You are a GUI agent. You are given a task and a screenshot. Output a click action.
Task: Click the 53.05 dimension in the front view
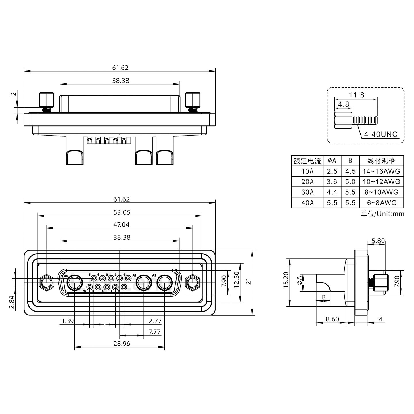pos(122,212)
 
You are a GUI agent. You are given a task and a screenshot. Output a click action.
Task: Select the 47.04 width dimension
pos(122,225)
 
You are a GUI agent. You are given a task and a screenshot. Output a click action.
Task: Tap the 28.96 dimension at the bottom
pos(122,344)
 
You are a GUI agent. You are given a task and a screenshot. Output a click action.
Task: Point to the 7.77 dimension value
pos(155,332)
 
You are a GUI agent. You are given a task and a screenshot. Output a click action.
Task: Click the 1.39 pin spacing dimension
pos(68,321)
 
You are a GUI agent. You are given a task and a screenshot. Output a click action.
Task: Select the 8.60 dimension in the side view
pos(332,319)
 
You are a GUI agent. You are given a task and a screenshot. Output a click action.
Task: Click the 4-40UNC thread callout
pos(381,134)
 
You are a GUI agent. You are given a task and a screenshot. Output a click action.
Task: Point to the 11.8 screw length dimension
pos(356,95)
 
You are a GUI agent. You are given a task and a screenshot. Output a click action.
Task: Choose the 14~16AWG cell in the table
pos(381,171)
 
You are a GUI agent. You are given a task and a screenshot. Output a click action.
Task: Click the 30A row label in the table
pos(307,192)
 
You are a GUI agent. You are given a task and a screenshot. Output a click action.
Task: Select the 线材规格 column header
pos(381,161)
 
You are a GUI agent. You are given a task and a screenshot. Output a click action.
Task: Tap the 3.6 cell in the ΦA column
pos(332,182)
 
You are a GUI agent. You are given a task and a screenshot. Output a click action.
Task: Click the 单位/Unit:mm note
pos(382,214)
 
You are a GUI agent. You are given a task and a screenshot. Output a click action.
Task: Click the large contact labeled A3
pos(74,283)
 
